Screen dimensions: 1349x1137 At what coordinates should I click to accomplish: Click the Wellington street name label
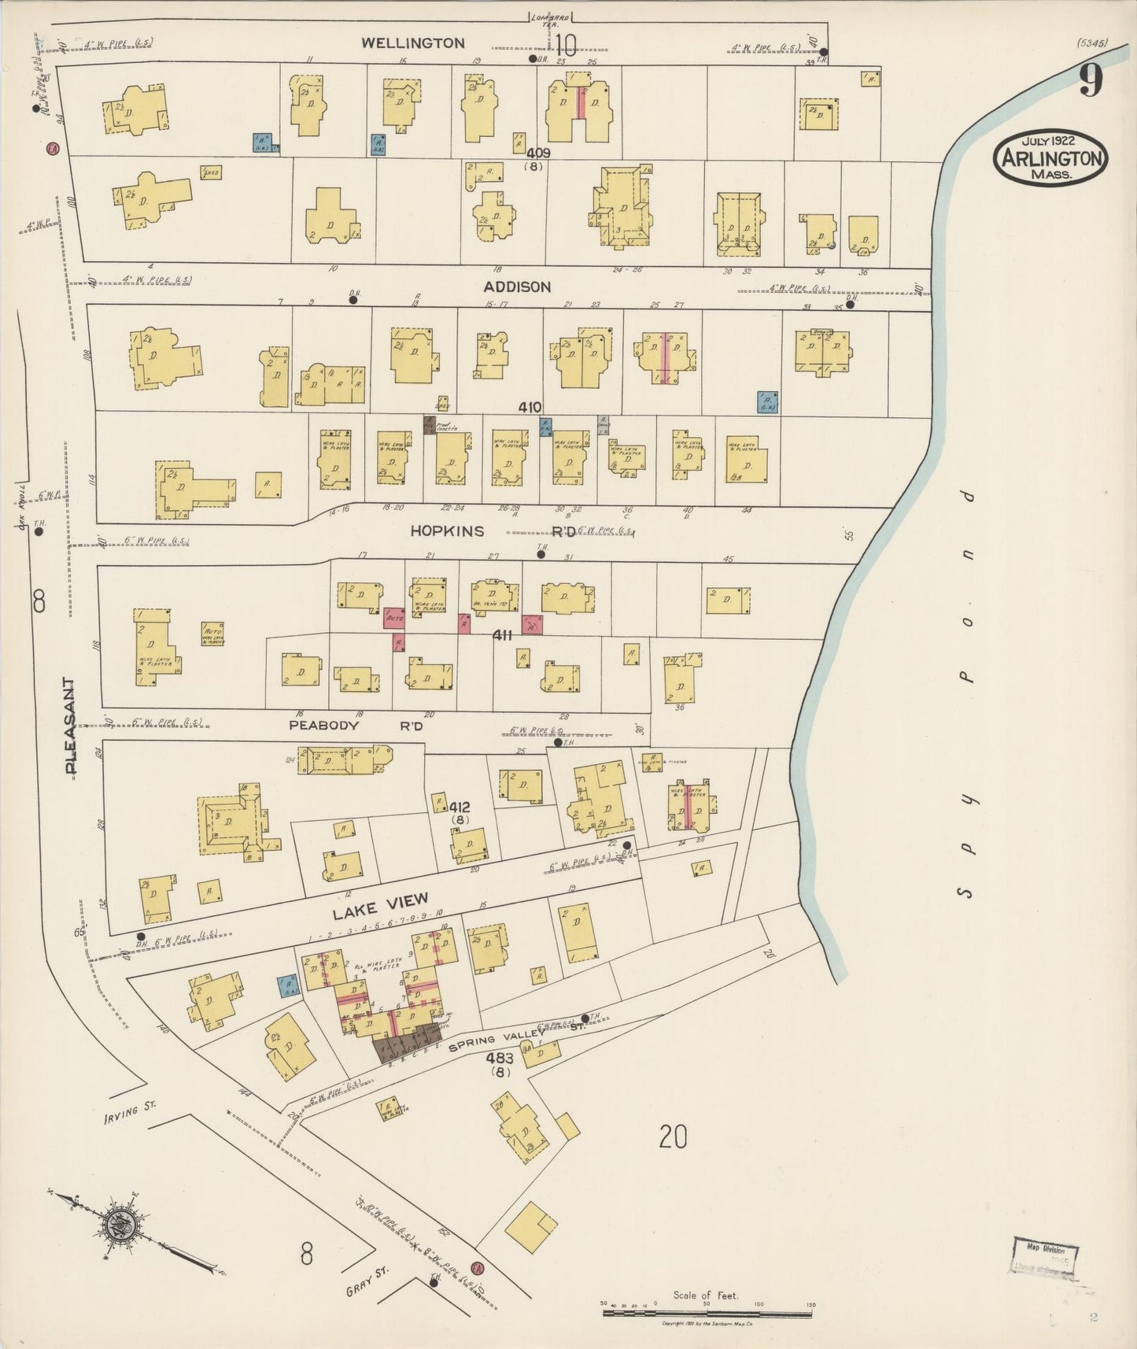(413, 43)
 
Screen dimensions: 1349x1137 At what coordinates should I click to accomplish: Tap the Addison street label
(517, 287)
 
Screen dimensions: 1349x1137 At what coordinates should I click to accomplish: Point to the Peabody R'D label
(356, 726)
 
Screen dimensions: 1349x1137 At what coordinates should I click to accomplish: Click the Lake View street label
(380, 906)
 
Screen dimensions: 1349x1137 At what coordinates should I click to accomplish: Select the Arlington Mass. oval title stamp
(1050, 157)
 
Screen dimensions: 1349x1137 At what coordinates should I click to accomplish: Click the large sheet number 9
(1090, 81)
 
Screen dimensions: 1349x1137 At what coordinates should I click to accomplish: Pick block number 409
(538, 153)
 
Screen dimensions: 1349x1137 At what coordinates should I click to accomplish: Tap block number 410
(530, 407)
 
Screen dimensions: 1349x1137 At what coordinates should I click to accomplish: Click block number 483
(500, 1059)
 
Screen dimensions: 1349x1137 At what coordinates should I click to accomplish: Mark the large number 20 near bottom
(674, 1136)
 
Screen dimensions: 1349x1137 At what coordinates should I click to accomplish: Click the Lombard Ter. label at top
(548, 20)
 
